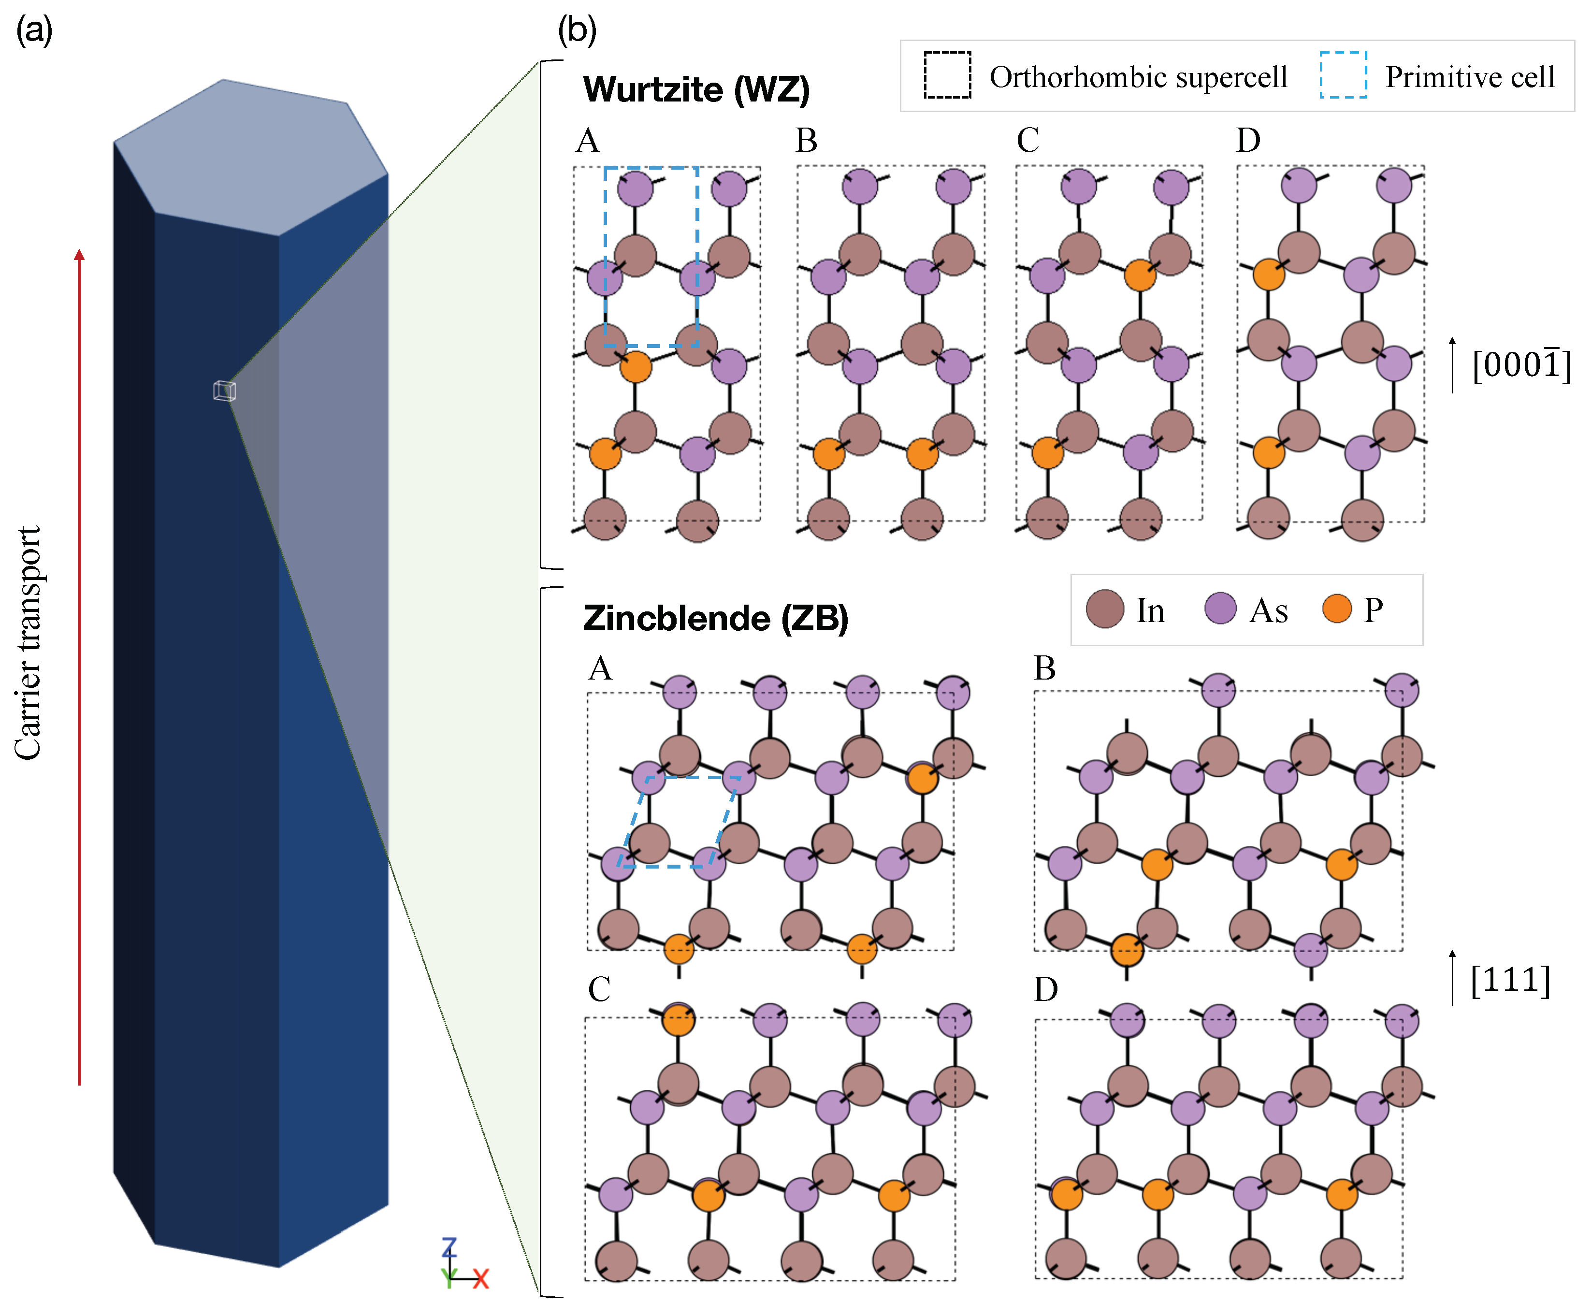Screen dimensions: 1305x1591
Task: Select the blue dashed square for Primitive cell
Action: pos(1343,75)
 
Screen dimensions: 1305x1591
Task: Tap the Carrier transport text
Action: pos(29,643)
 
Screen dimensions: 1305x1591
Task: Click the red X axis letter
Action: pos(480,1278)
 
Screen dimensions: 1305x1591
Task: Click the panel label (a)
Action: pos(35,31)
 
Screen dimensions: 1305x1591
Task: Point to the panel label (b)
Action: pos(577,31)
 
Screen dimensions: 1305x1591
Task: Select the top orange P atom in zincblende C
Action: pos(678,1019)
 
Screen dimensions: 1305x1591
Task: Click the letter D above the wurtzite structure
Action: pos(1248,141)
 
